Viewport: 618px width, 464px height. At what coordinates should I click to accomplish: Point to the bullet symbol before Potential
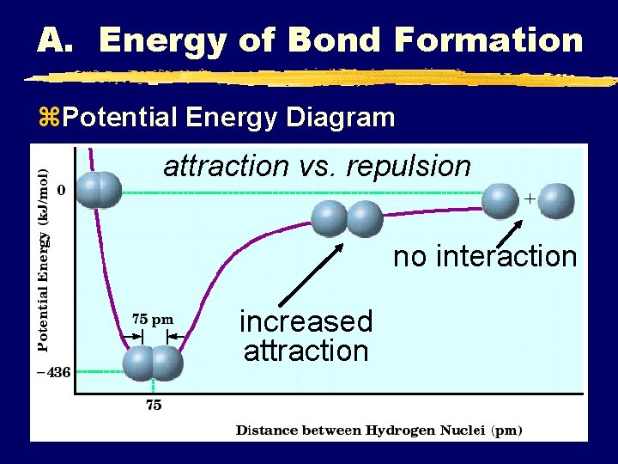click(x=46, y=118)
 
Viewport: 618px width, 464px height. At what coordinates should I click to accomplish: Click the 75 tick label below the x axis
click(x=153, y=406)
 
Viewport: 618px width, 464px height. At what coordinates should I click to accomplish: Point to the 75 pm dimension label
click(x=152, y=319)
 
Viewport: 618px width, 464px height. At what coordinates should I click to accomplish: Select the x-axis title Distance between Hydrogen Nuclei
click(x=379, y=430)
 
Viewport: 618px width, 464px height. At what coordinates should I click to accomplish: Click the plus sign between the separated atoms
click(x=530, y=198)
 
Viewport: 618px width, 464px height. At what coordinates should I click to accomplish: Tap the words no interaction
click(x=485, y=256)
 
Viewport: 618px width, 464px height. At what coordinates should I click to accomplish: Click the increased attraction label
click(x=306, y=336)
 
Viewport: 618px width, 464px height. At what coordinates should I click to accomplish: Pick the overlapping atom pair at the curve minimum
click(x=153, y=363)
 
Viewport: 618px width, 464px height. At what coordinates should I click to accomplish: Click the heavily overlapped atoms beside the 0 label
click(x=98, y=190)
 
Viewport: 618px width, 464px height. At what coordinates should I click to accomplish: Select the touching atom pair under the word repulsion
click(x=346, y=218)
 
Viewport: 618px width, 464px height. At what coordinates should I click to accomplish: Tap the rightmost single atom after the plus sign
click(x=557, y=201)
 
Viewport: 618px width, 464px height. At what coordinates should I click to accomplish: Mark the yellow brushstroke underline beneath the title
click(x=318, y=78)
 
